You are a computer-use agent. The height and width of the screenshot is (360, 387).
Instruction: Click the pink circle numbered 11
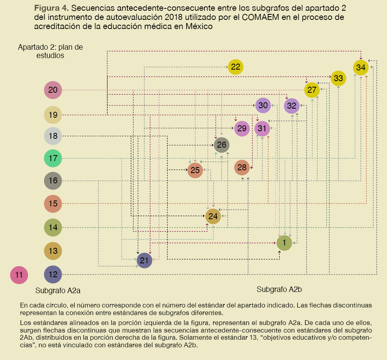click(x=19, y=274)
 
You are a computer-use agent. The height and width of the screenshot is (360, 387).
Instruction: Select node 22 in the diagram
click(x=236, y=67)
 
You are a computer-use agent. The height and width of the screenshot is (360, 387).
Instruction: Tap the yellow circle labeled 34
click(x=361, y=68)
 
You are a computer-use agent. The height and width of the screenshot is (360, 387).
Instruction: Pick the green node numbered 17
click(x=53, y=158)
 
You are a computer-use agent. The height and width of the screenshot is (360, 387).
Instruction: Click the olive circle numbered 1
click(x=284, y=243)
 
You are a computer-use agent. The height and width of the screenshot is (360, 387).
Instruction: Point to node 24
click(x=213, y=216)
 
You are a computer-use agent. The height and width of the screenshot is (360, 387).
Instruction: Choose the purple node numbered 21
click(x=144, y=261)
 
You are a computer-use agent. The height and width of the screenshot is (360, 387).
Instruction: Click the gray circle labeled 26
click(x=222, y=145)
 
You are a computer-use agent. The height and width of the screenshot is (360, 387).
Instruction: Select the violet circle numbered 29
click(x=242, y=128)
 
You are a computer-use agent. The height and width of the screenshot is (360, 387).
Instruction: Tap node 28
click(x=242, y=168)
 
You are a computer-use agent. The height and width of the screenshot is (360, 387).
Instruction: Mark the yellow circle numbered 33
click(x=338, y=78)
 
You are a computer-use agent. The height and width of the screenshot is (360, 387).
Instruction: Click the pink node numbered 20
click(x=53, y=90)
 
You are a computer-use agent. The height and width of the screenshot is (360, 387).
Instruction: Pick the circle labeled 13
click(x=53, y=251)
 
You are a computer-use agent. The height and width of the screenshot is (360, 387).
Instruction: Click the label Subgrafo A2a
click(x=58, y=290)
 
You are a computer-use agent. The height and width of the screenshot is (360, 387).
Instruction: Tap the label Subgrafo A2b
click(x=279, y=289)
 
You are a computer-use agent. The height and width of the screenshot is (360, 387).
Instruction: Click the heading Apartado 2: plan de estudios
click(x=51, y=51)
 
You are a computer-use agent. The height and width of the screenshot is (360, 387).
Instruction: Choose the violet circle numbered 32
click(x=292, y=106)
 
